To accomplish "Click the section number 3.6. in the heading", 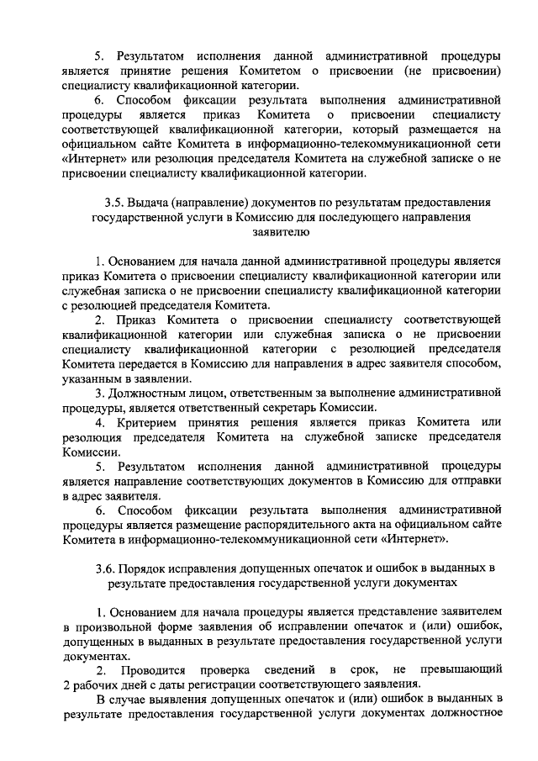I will coord(110,568).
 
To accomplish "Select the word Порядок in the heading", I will coord(156,568).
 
